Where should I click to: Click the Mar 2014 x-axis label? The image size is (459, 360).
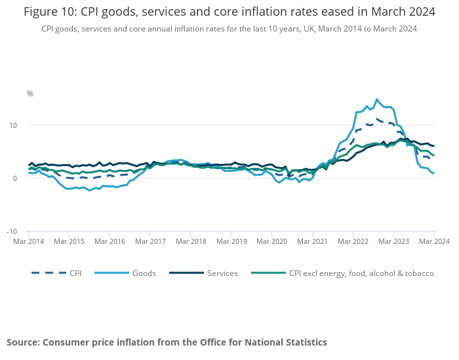point(29,241)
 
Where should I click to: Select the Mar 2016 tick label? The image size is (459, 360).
point(110,241)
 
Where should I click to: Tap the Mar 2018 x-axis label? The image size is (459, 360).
point(191,241)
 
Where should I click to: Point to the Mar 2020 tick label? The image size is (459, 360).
point(272,241)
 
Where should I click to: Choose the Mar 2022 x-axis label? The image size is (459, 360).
point(353,241)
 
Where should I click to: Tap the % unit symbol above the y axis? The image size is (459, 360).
point(30,94)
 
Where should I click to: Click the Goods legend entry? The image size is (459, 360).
point(143,273)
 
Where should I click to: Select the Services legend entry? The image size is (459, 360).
point(222,273)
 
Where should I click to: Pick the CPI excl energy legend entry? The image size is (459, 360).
point(361,273)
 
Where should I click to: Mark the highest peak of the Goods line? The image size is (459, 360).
point(376,100)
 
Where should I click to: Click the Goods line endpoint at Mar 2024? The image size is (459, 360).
point(433,173)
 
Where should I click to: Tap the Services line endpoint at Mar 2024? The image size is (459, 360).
point(433,146)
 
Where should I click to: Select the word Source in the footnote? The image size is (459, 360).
point(22,342)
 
